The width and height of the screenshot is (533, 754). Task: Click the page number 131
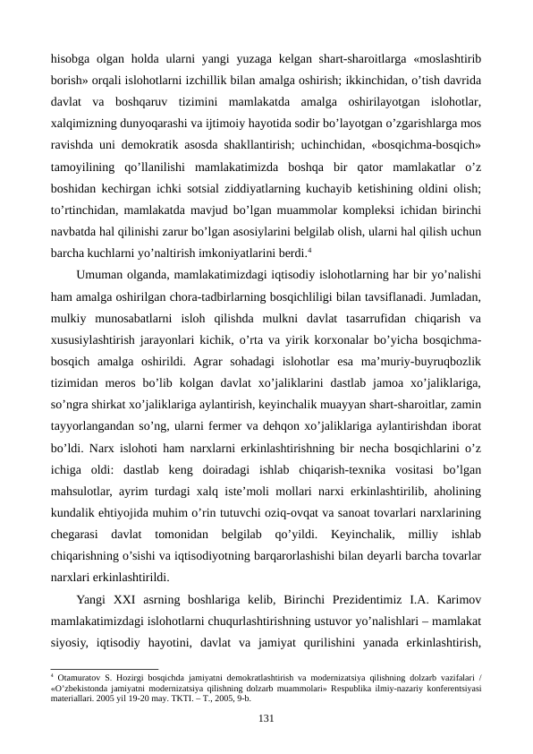[266, 719]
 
